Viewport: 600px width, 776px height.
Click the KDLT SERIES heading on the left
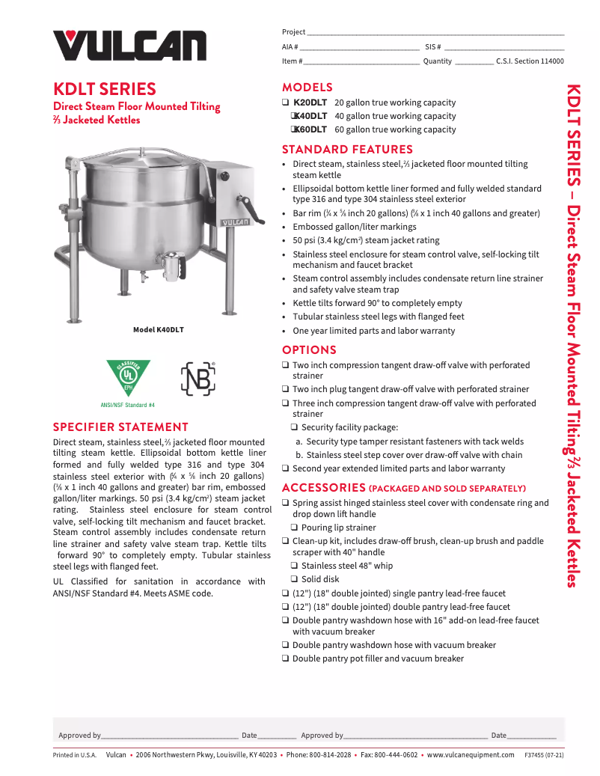pos(104,89)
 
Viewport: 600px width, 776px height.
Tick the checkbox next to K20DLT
pos(286,103)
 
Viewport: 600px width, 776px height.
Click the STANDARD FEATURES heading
pos(347,149)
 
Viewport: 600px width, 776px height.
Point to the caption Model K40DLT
pos(158,330)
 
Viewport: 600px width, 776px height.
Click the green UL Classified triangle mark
pos(128,377)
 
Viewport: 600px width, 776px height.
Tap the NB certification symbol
pos(198,379)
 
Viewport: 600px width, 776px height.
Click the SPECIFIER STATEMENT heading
pos(120,427)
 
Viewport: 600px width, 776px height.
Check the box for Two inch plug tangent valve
pos(286,390)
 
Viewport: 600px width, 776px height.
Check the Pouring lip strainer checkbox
pos(295,528)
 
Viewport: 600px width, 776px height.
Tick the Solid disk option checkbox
pos(295,580)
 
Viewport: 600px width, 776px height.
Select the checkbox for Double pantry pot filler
pos(286,659)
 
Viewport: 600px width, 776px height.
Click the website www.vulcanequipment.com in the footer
pos(469,755)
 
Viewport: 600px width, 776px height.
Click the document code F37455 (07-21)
pos(544,755)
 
